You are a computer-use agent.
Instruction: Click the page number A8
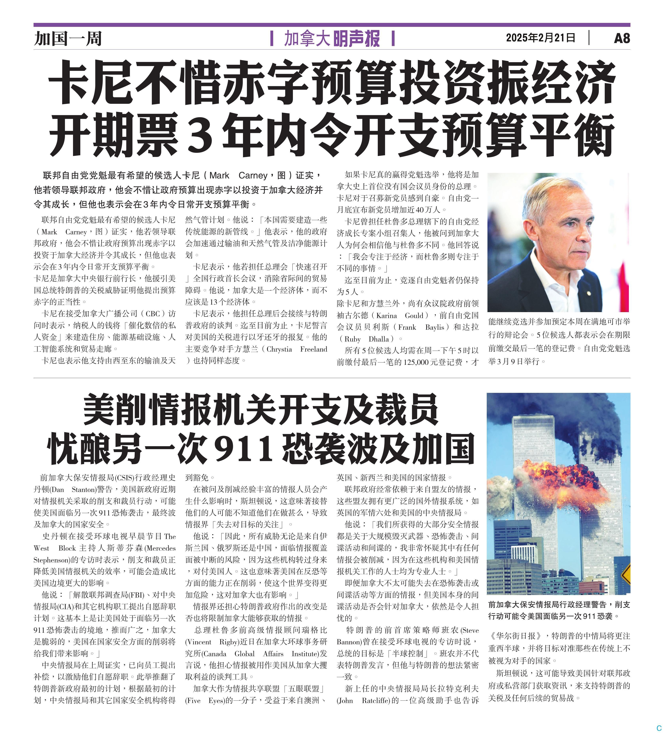[x=622, y=38]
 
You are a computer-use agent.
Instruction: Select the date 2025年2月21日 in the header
[x=540, y=38]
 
